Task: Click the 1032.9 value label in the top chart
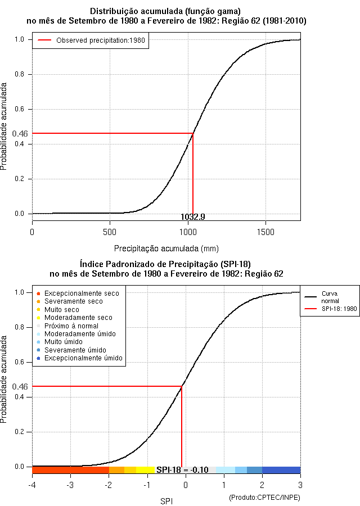(x=193, y=216)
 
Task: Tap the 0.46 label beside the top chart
(x=20, y=134)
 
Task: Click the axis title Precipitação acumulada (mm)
(x=166, y=248)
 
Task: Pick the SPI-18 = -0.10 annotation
(x=182, y=470)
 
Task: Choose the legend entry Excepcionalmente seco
(x=82, y=293)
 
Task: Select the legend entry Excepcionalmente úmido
(x=83, y=358)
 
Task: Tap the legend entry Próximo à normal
(x=71, y=326)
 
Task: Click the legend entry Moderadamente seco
(x=78, y=318)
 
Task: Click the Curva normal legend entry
(x=330, y=297)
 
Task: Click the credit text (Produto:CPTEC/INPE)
(x=264, y=498)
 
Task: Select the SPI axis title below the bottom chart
(x=166, y=500)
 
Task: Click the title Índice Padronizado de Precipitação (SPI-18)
(x=165, y=264)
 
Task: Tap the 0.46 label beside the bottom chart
(x=20, y=387)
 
